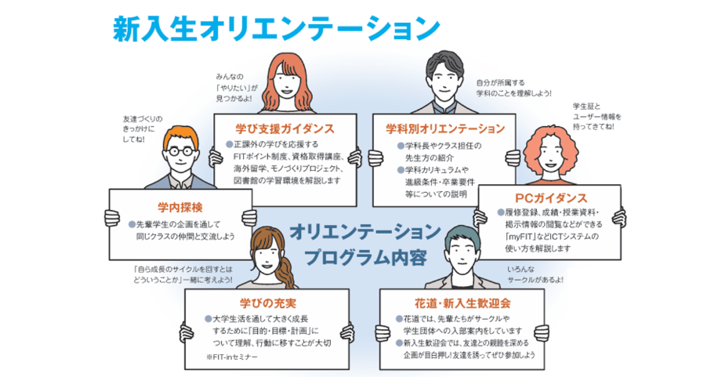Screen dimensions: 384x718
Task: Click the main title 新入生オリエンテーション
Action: (275, 29)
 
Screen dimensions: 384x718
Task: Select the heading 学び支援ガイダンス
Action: (285, 128)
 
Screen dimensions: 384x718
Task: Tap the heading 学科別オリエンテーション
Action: (445, 128)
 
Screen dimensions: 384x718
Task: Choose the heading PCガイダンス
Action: (551, 197)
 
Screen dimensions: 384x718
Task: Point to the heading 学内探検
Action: (179, 207)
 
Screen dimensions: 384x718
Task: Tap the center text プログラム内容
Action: (365, 257)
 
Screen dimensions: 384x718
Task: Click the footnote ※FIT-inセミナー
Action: (232, 356)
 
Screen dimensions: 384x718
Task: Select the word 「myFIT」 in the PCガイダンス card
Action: (524, 236)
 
